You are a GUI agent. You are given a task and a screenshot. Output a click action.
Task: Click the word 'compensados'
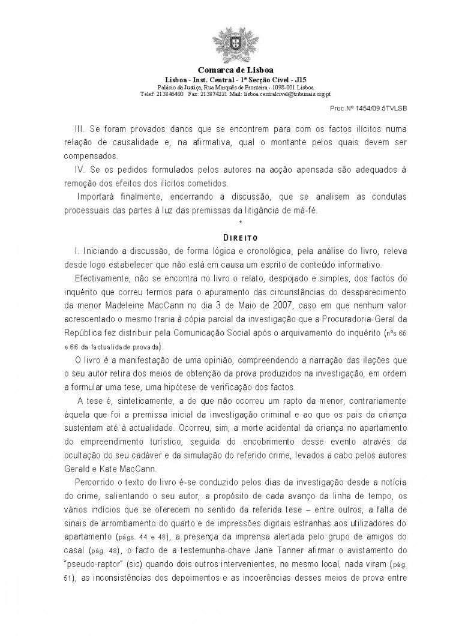[x=88, y=157]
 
